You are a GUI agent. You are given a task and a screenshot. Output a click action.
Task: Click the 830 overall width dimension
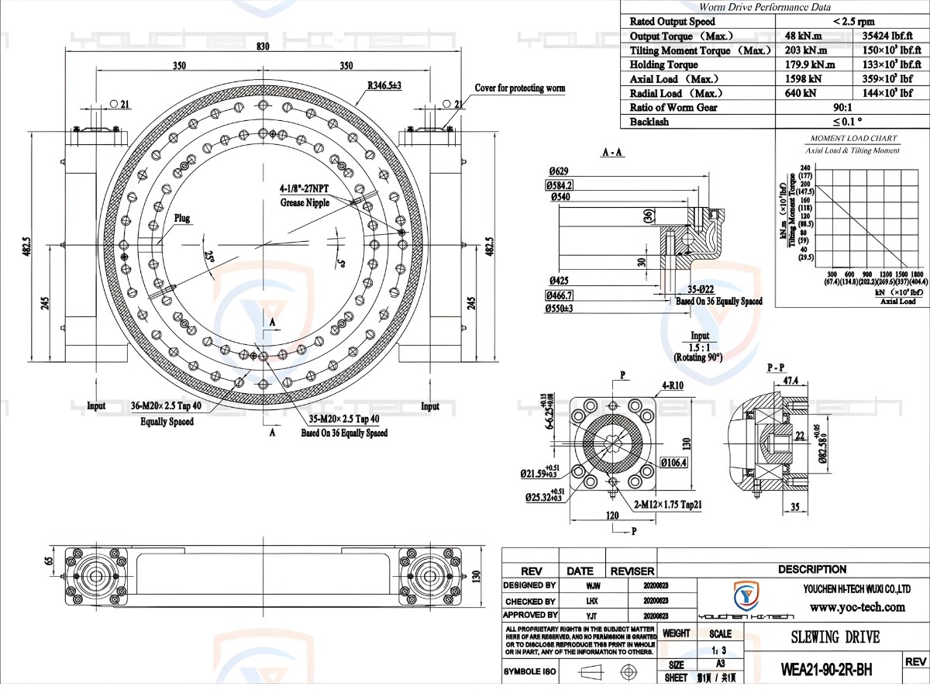pyautogui.click(x=263, y=47)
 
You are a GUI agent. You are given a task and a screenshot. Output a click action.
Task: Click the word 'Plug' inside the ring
pyautogui.click(x=182, y=219)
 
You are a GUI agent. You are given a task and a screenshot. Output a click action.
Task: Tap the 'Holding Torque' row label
pyautogui.click(x=663, y=65)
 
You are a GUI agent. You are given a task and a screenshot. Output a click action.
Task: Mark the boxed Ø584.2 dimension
pyautogui.click(x=560, y=185)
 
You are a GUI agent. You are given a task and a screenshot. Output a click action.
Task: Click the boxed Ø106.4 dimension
pyautogui.click(x=674, y=463)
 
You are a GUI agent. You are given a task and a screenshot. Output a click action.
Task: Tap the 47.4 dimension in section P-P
pyautogui.click(x=791, y=381)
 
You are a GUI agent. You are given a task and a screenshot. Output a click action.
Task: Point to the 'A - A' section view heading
pyautogui.click(x=612, y=153)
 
